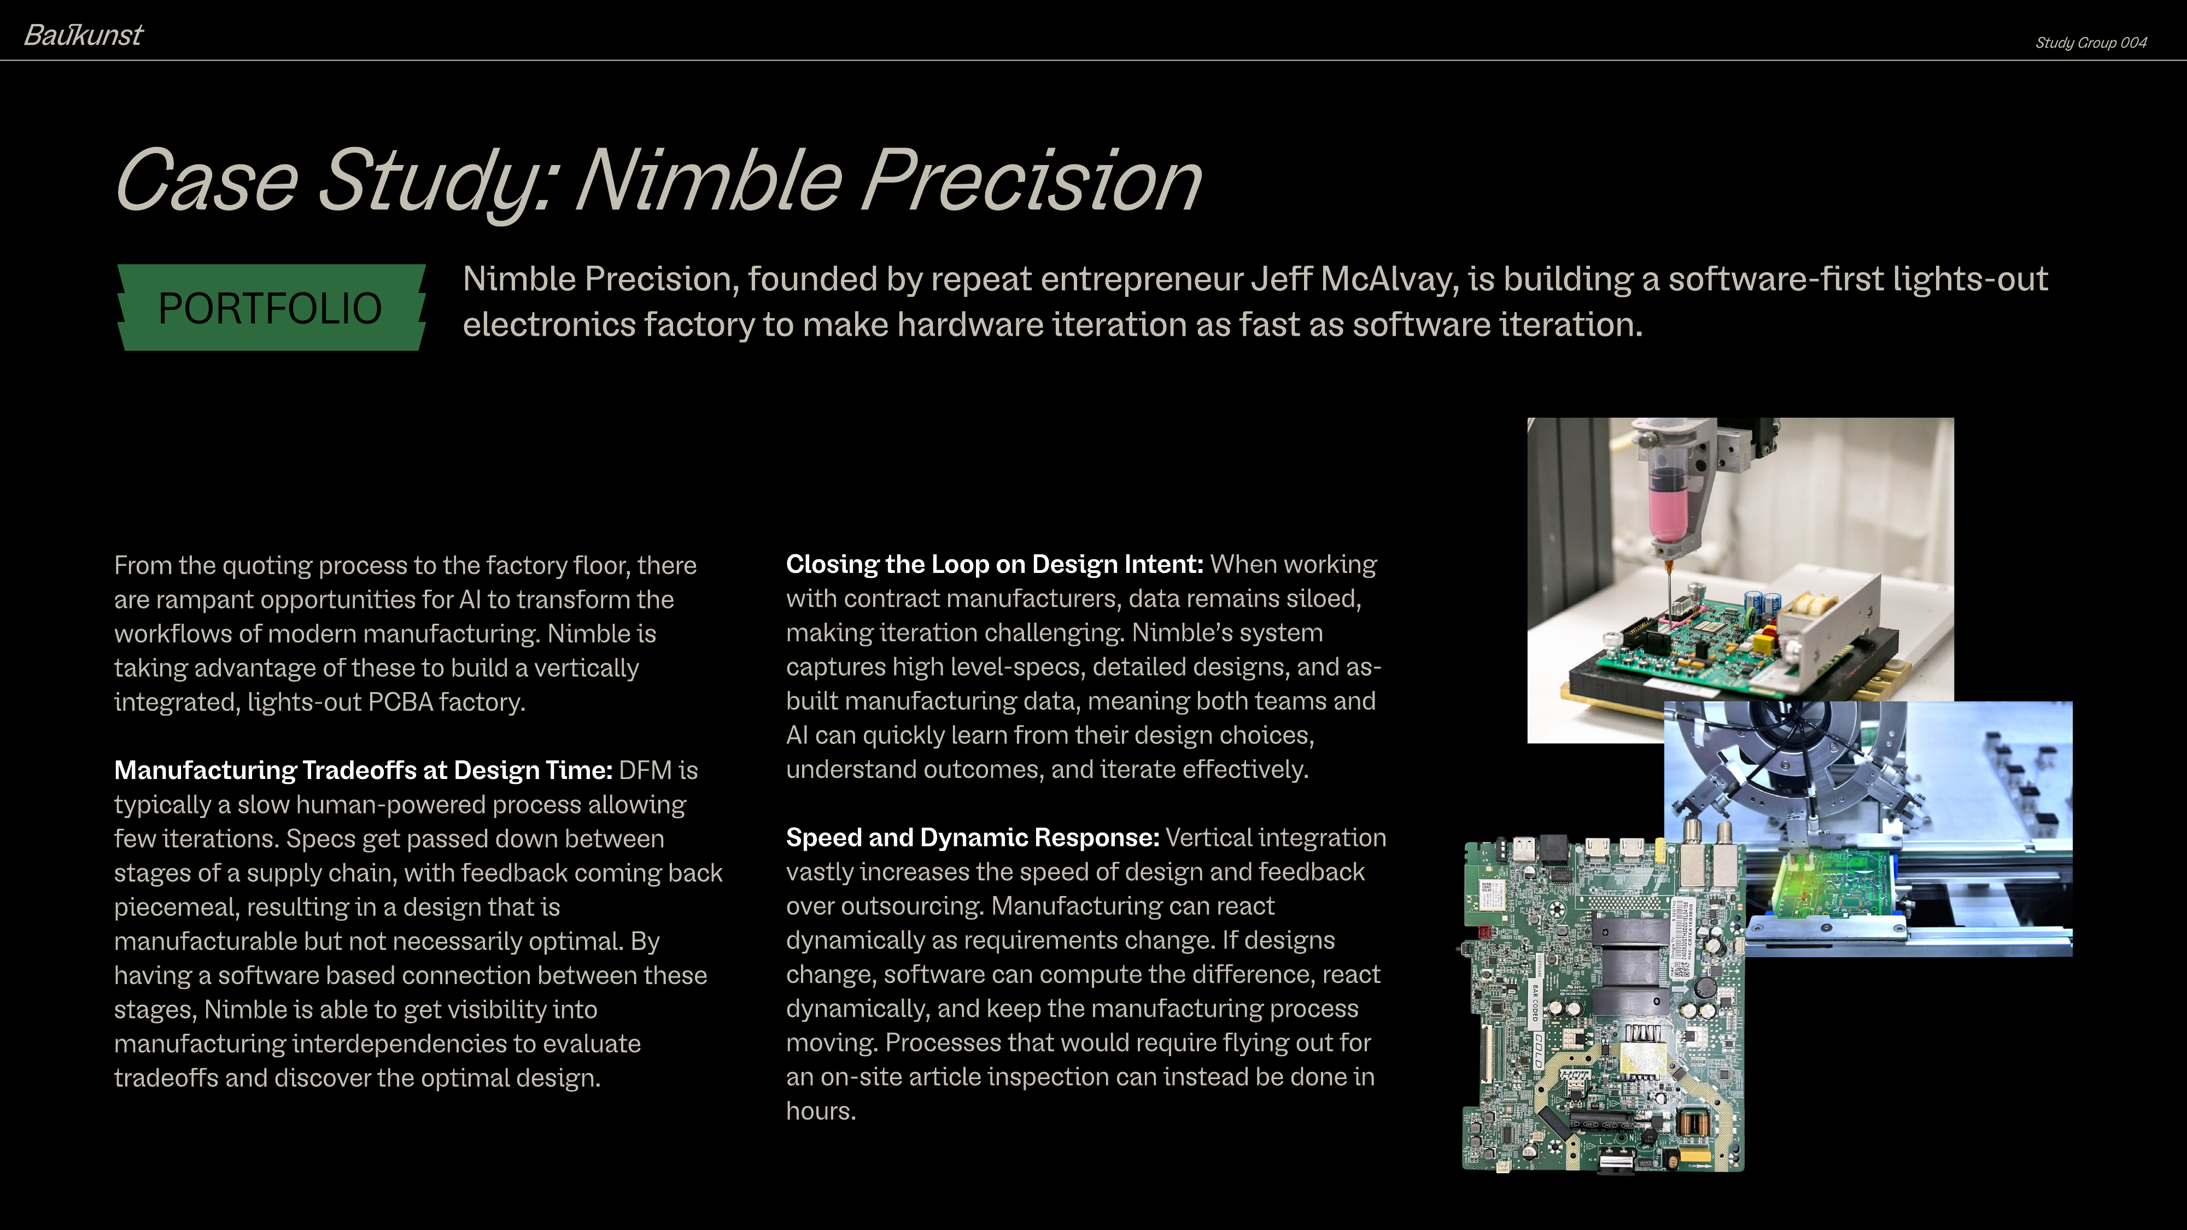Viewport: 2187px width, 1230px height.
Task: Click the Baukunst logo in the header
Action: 83,36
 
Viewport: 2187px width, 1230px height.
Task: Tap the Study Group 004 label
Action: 2090,43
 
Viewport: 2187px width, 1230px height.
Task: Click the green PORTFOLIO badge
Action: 270,308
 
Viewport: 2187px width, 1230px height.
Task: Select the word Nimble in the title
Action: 709,181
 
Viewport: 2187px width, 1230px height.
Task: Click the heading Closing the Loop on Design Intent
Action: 994,565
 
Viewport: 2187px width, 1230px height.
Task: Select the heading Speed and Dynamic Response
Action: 972,838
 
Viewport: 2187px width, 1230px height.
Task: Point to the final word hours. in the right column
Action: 820,1111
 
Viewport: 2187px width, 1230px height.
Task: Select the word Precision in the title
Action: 1032,181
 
